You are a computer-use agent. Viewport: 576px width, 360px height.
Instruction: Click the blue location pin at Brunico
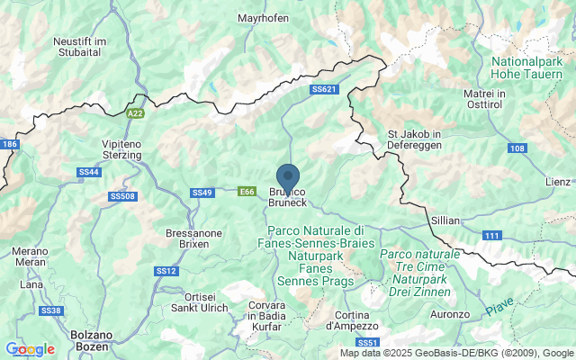tap(287, 176)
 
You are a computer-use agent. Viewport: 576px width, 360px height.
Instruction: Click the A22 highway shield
tap(135, 113)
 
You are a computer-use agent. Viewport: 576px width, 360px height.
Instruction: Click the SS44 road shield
tap(88, 171)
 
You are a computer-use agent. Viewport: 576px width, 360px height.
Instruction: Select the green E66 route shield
tap(247, 191)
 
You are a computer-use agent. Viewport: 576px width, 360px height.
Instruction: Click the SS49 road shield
tap(202, 192)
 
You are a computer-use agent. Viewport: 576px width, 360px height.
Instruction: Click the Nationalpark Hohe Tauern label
tap(526, 68)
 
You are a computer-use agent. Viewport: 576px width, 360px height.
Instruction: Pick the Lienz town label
tap(558, 182)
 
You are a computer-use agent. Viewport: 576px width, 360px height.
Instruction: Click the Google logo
tap(30, 349)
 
